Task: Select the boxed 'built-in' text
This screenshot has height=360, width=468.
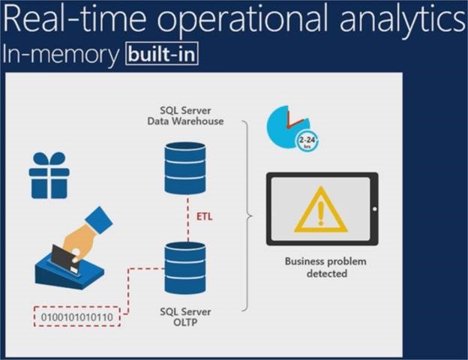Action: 162,55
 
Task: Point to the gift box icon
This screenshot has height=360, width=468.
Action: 49,175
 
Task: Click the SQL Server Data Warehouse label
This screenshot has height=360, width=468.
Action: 185,116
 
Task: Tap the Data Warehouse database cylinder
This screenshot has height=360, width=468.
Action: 184,168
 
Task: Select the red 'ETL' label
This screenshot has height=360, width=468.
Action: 204,217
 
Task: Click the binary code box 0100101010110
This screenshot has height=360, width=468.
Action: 77,318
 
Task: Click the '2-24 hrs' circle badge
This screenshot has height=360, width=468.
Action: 307,142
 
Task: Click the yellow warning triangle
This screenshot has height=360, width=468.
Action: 320,212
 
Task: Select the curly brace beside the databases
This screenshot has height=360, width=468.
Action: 248,217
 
